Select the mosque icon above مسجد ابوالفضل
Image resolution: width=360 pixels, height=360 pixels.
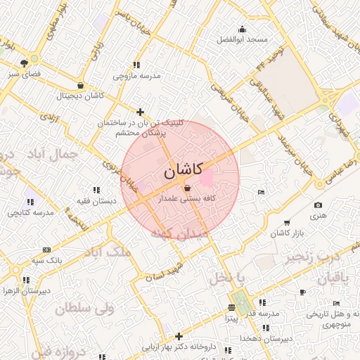coord(243,30)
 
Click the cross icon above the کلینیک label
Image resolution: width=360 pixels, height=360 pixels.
coord(141,112)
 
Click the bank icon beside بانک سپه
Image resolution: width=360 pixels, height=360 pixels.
coord(47,249)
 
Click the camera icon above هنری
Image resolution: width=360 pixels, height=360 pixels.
coord(318,205)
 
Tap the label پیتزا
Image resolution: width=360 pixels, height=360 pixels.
coord(231,319)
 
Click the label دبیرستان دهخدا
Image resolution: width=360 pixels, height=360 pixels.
coord(264,338)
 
